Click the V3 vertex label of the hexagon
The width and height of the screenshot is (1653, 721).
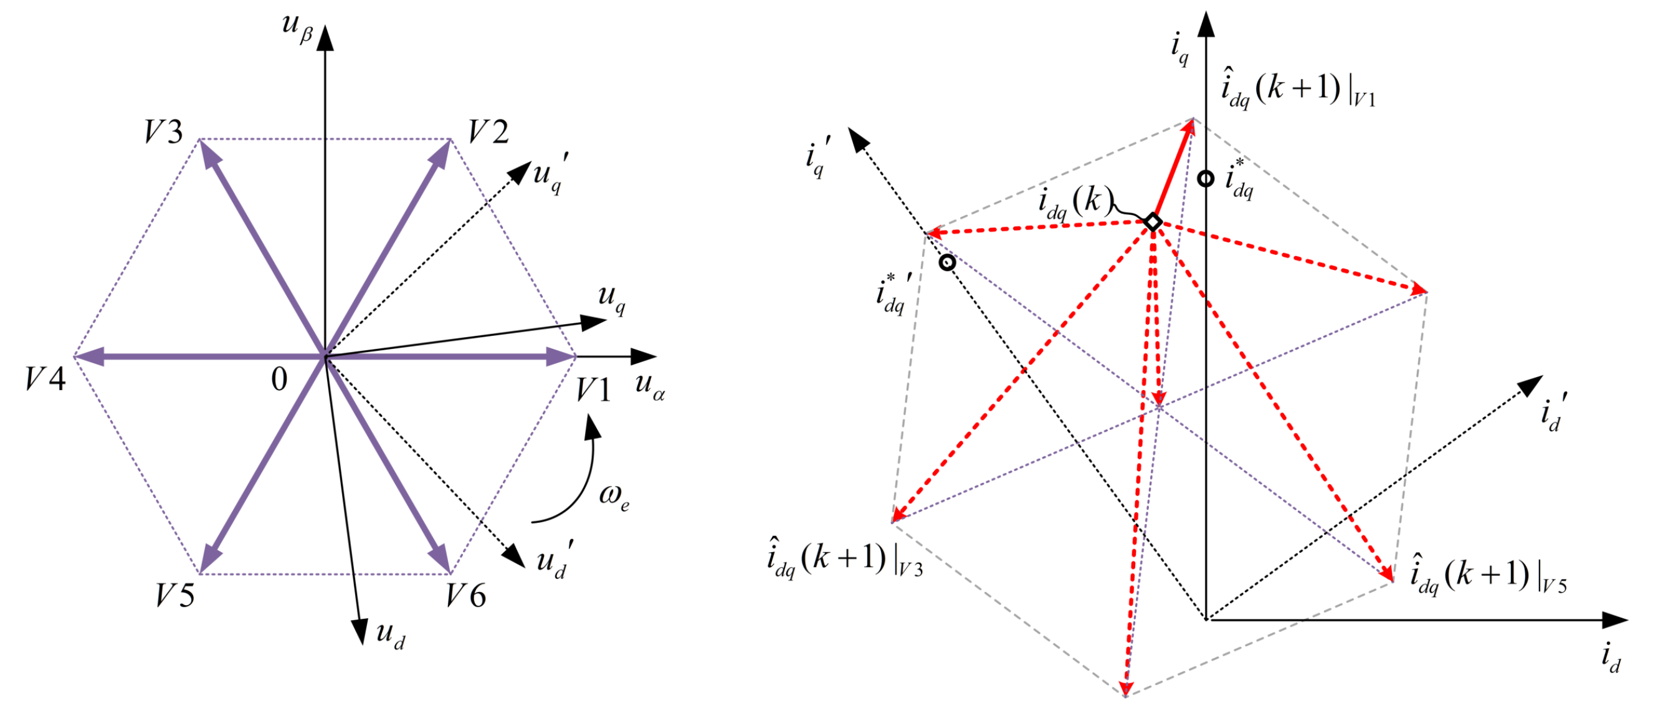click(164, 132)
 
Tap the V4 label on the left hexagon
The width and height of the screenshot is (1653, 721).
click(45, 379)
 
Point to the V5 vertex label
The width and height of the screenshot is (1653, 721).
click(174, 595)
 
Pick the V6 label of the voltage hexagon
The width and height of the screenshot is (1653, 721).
click(466, 595)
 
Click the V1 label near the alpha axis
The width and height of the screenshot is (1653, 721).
click(593, 389)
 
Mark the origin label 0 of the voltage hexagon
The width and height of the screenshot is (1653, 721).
click(279, 380)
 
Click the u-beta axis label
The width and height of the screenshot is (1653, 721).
click(297, 27)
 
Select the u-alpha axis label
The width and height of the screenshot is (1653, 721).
click(649, 385)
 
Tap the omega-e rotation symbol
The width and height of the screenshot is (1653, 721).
click(614, 495)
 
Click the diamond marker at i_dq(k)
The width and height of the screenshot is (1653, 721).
click(1153, 222)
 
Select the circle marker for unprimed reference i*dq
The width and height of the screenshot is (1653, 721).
click(1206, 178)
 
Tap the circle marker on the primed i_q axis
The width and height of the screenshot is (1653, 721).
click(947, 262)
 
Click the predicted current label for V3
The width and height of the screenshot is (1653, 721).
click(844, 558)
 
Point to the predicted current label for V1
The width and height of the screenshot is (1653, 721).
click(1297, 90)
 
